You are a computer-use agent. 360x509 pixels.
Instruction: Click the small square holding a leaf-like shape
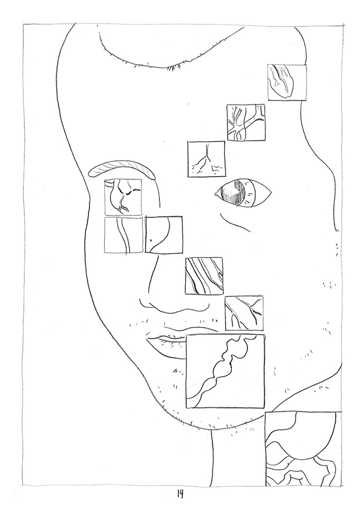click(x=287, y=82)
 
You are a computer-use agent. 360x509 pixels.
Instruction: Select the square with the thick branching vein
click(x=246, y=122)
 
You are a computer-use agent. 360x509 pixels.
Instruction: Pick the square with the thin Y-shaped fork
click(x=206, y=159)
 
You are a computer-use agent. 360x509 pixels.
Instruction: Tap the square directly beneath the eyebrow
click(x=123, y=197)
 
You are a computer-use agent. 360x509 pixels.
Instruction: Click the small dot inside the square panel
click(x=151, y=240)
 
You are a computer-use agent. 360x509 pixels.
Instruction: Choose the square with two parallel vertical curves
click(x=123, y=235)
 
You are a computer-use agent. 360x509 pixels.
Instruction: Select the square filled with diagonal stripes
click(x=204, y=276)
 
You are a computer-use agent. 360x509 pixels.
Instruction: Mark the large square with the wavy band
click(x=226, y=371)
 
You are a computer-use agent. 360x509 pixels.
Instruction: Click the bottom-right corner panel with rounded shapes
click(x=303, y=449)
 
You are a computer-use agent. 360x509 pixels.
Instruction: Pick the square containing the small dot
click(x=164, y=234)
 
